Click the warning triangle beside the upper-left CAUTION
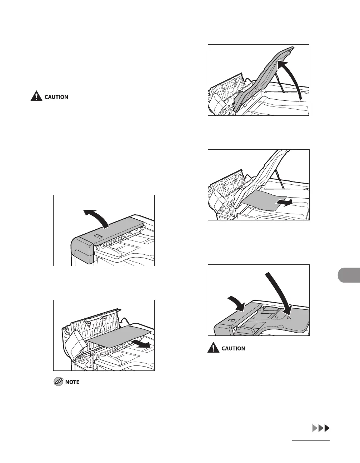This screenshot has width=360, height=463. (x=36, y=96)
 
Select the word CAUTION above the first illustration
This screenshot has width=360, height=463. (x=56, y=97)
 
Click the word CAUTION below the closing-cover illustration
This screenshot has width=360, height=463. (x=234, y=348)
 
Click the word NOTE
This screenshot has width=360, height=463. (x=72, y=382)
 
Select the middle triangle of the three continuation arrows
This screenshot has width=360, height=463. (x=321, y=428)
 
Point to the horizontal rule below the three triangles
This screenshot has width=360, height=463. (x=310, y=441)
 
